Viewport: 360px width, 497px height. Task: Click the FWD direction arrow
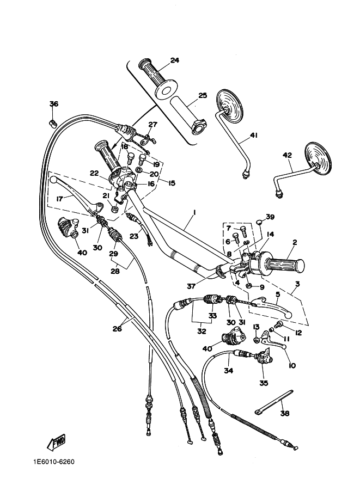coord(56,442)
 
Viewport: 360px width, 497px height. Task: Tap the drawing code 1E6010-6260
coord(53,462)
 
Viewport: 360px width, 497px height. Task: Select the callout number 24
coord(174,60)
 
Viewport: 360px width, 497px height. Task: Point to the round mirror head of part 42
coord(318,158)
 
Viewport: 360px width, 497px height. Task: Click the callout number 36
coord(54,103)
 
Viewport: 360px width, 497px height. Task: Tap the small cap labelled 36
coord(53,123)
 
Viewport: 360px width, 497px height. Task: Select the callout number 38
coord(285,413)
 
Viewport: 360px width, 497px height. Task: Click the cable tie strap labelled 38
coord(274,402)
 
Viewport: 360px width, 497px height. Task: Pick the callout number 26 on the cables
coord(117,329)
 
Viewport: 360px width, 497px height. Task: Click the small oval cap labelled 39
coord(259,221)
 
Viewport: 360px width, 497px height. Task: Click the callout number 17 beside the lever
coord(59,199)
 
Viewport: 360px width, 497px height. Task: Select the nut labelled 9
coord(249,285)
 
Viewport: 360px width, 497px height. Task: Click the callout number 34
coord(228,370)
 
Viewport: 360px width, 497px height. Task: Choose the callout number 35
coord(264,383)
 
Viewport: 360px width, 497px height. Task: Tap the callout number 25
coord(203,95)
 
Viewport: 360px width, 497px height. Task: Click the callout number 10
coord(292,365)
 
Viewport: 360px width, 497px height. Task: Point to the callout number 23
coord(134,236)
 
